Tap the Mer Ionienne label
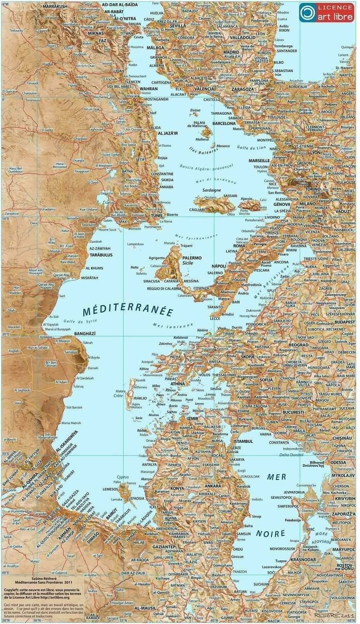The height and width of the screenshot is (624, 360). coord(172,325)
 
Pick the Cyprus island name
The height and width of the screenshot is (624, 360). coord(122,477)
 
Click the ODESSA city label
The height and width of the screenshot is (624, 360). coord(338,462)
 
